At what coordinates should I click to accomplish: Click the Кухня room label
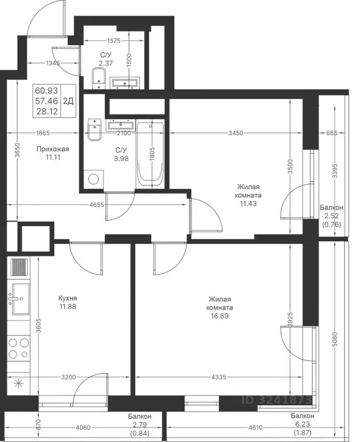[x=68, y=298]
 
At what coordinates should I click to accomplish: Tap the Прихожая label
[x=53, y=149]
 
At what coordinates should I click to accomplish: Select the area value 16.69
[x=220, y=316]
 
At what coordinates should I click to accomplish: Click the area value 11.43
[x=248, y=204]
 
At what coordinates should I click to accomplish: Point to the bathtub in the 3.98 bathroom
[x=151, y=155]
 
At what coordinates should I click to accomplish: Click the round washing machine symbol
[x=93, y=179]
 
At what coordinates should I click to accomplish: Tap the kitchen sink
[x=18, y=299]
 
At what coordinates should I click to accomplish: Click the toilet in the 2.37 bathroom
[x=99, y=78]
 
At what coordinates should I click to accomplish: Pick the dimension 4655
[x=97, y=205]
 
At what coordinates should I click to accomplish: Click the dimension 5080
[x=335, y=339]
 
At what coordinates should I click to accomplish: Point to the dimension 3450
[x=235, y=133]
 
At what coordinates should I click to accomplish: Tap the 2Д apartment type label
[x=68, y=101]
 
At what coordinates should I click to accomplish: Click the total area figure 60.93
[x=47, y=90]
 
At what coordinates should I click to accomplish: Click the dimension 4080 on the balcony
[x=83, y=428]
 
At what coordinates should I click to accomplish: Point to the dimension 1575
[x=114, y=41]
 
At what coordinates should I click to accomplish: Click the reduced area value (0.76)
[x=332, y=224]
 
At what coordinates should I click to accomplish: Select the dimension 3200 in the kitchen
[x=68, y=377]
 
